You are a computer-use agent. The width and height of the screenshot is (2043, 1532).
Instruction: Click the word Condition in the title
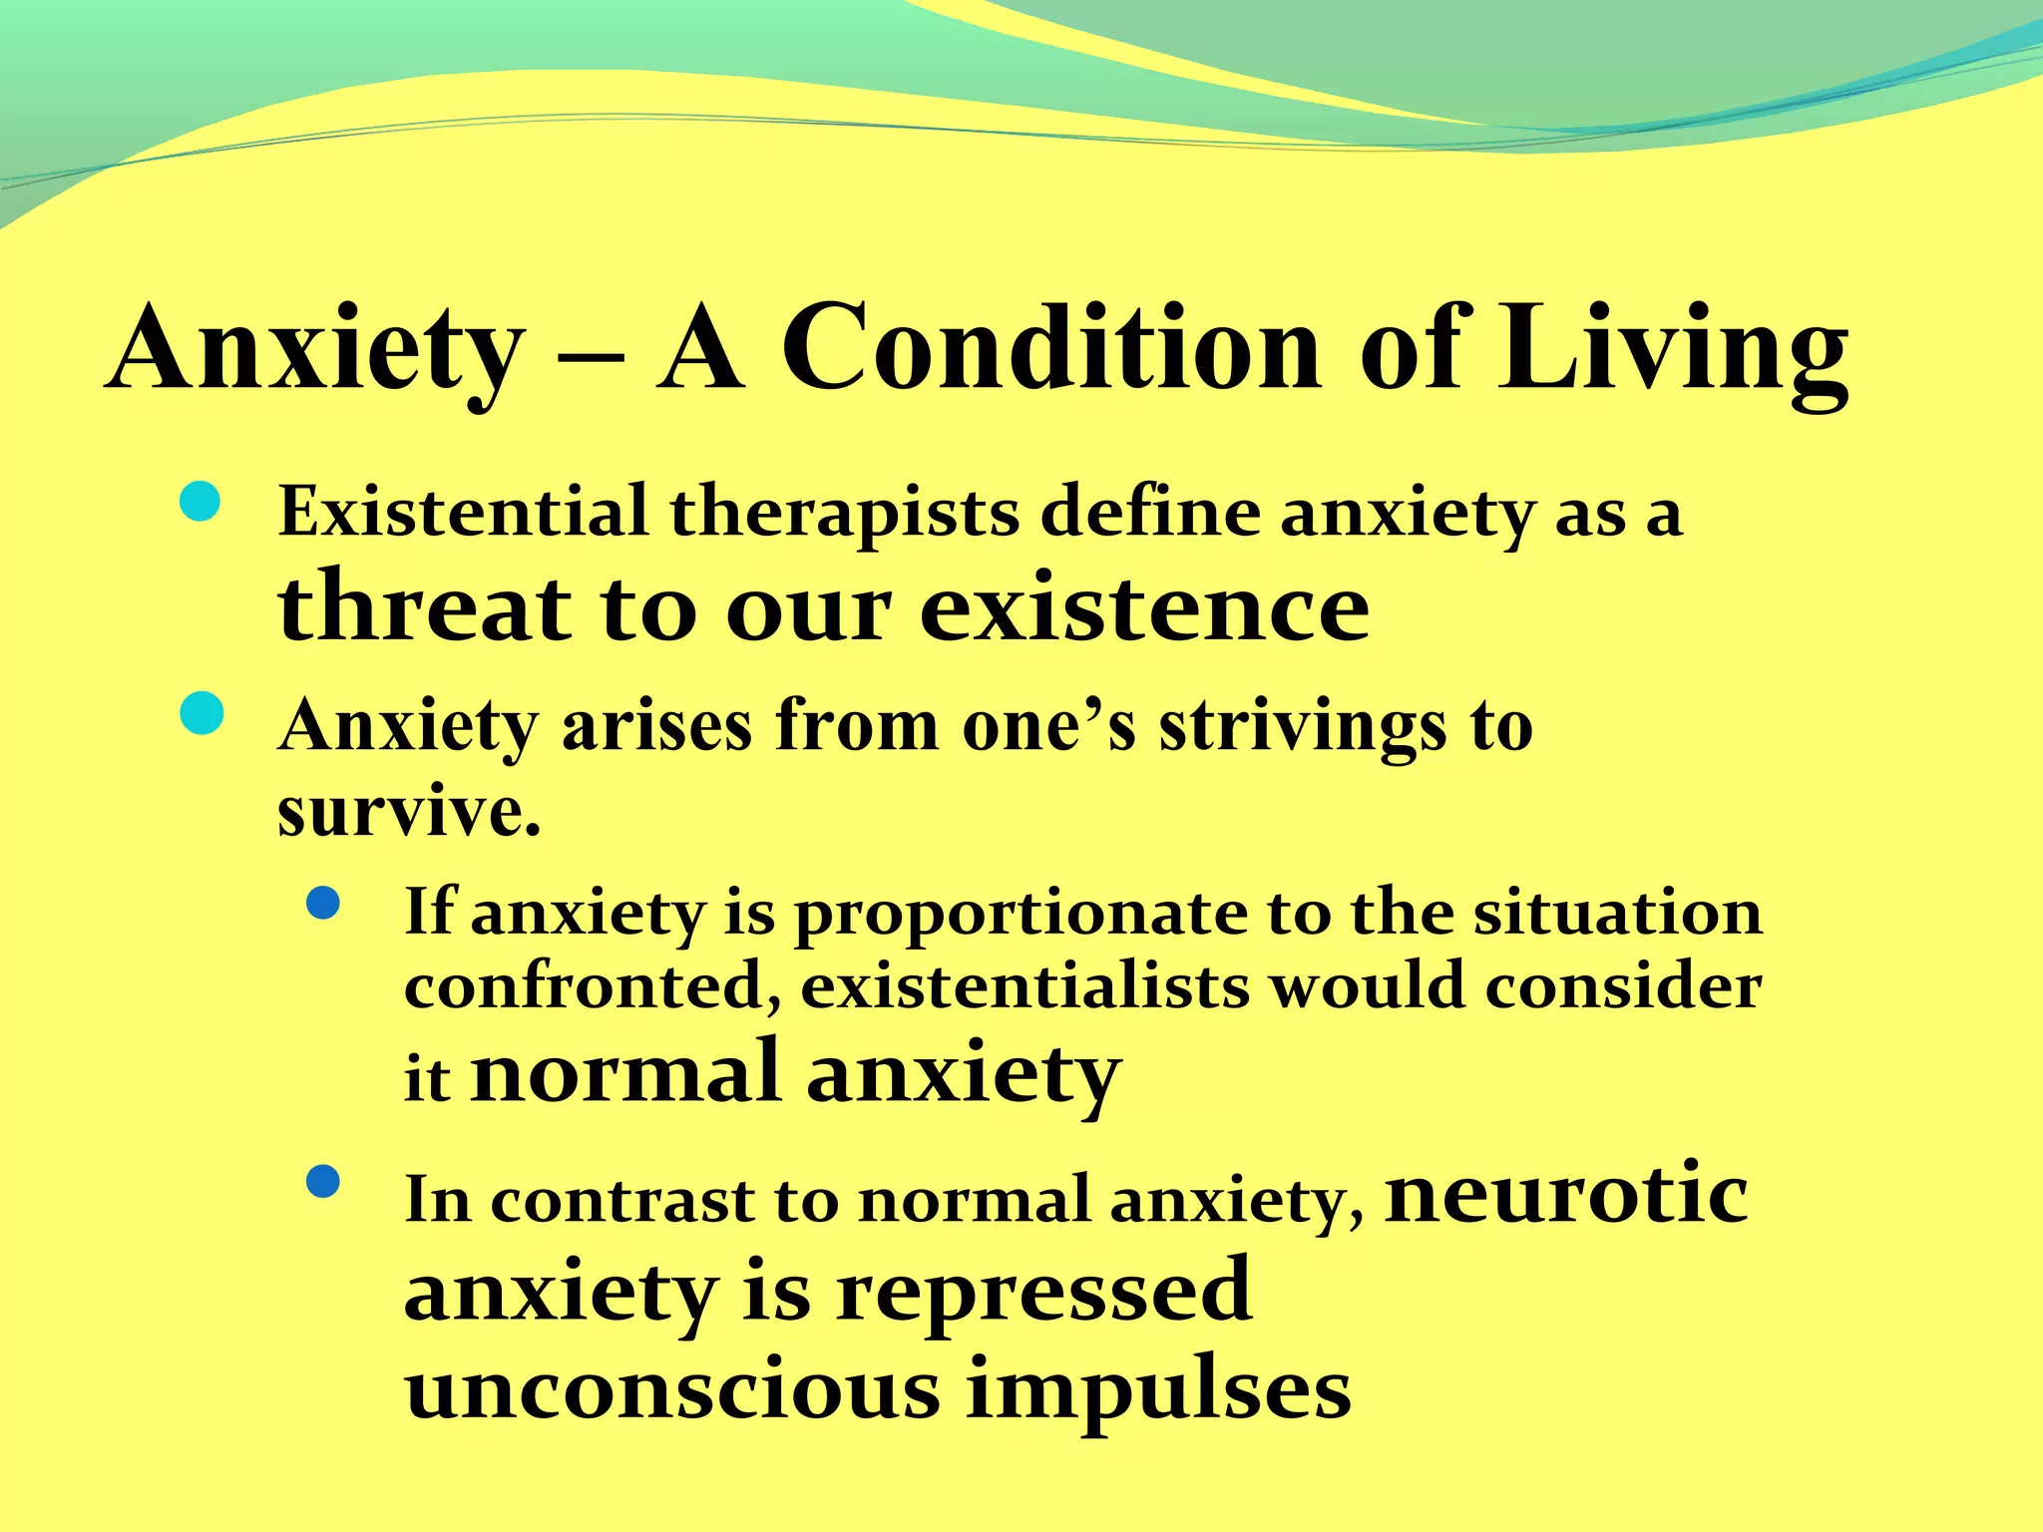[x=1051, y=349]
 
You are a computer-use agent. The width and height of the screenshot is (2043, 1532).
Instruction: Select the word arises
[x=657, y=725]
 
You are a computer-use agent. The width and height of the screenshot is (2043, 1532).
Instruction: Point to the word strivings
[x=1301, y=727]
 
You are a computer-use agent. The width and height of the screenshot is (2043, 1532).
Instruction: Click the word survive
[x=409, y=811]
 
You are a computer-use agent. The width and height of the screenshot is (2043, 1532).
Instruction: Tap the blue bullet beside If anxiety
[x=323, y=904]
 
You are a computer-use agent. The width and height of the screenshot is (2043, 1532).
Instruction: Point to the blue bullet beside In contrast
[x=323, y=1182]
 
